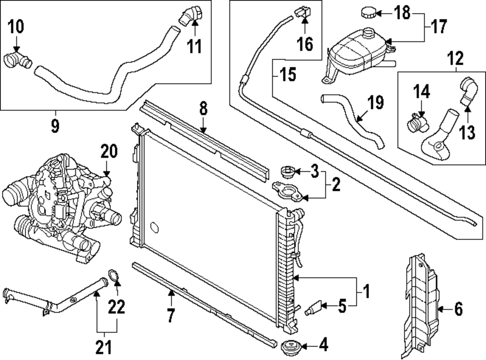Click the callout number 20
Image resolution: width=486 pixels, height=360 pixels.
[x=109, y=152]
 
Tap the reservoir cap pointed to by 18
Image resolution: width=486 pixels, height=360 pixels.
[x=369, y=12]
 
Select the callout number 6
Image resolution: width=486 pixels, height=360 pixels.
[x=458, y=308]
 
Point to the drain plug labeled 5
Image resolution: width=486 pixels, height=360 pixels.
[x=314, y=307]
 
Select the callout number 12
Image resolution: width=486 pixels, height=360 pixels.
[x=456, y=59]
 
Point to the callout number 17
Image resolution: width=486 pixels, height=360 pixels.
[x=438, y=26]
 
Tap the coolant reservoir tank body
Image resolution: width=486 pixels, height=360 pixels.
[x=357, y=53]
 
